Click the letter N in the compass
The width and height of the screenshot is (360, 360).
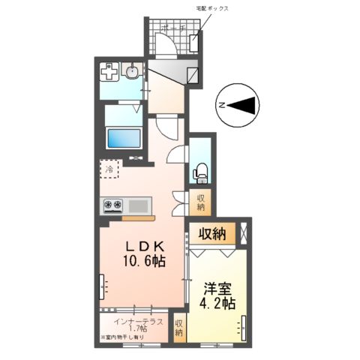coord(221,106)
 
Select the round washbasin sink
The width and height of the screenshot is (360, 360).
coord(132,73)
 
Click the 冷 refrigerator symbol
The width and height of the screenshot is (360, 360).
coord(109,169)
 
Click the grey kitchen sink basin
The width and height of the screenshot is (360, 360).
coord(139,204)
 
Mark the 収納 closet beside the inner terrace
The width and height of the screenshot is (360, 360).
coord(179,328)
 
